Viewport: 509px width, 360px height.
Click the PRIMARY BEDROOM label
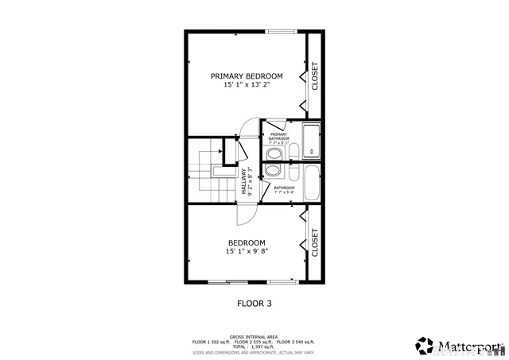[247, 76]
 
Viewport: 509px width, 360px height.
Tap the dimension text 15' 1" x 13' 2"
[247, 86]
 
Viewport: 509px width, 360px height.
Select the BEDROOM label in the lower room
[247, 242]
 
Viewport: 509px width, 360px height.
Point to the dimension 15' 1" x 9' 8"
[247, 252]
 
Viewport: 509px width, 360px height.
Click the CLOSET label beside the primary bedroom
[315, 76]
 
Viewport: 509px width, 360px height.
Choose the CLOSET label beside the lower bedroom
[315, 242]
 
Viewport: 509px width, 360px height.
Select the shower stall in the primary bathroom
[313, 141]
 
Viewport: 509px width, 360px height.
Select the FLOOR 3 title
[254, 303]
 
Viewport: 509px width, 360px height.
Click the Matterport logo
[459, 346]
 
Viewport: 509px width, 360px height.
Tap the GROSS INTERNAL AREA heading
[254, 336]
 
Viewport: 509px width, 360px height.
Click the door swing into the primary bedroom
[249, 129]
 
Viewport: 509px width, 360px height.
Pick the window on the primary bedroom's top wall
[281, 32]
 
